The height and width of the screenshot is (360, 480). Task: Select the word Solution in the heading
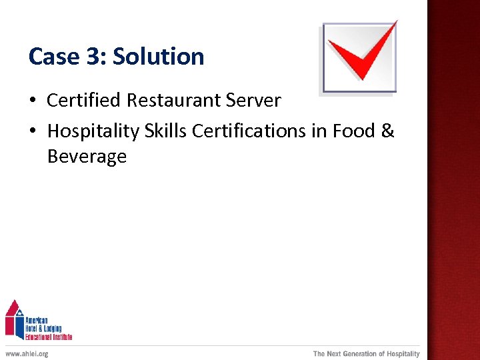click(159, 57)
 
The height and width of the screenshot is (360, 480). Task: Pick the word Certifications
click(249, 131)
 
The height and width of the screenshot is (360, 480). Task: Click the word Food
click(353, 131)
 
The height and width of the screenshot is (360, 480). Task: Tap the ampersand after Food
click(388, 131)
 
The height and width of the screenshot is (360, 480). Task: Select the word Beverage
click(87, 157)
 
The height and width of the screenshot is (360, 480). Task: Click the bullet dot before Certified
click(32, 101)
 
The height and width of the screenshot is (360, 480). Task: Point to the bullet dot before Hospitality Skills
click(32, 132)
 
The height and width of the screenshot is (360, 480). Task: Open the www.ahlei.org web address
click(27, 353)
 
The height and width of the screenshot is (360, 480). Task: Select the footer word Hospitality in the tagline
click(403, 353)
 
